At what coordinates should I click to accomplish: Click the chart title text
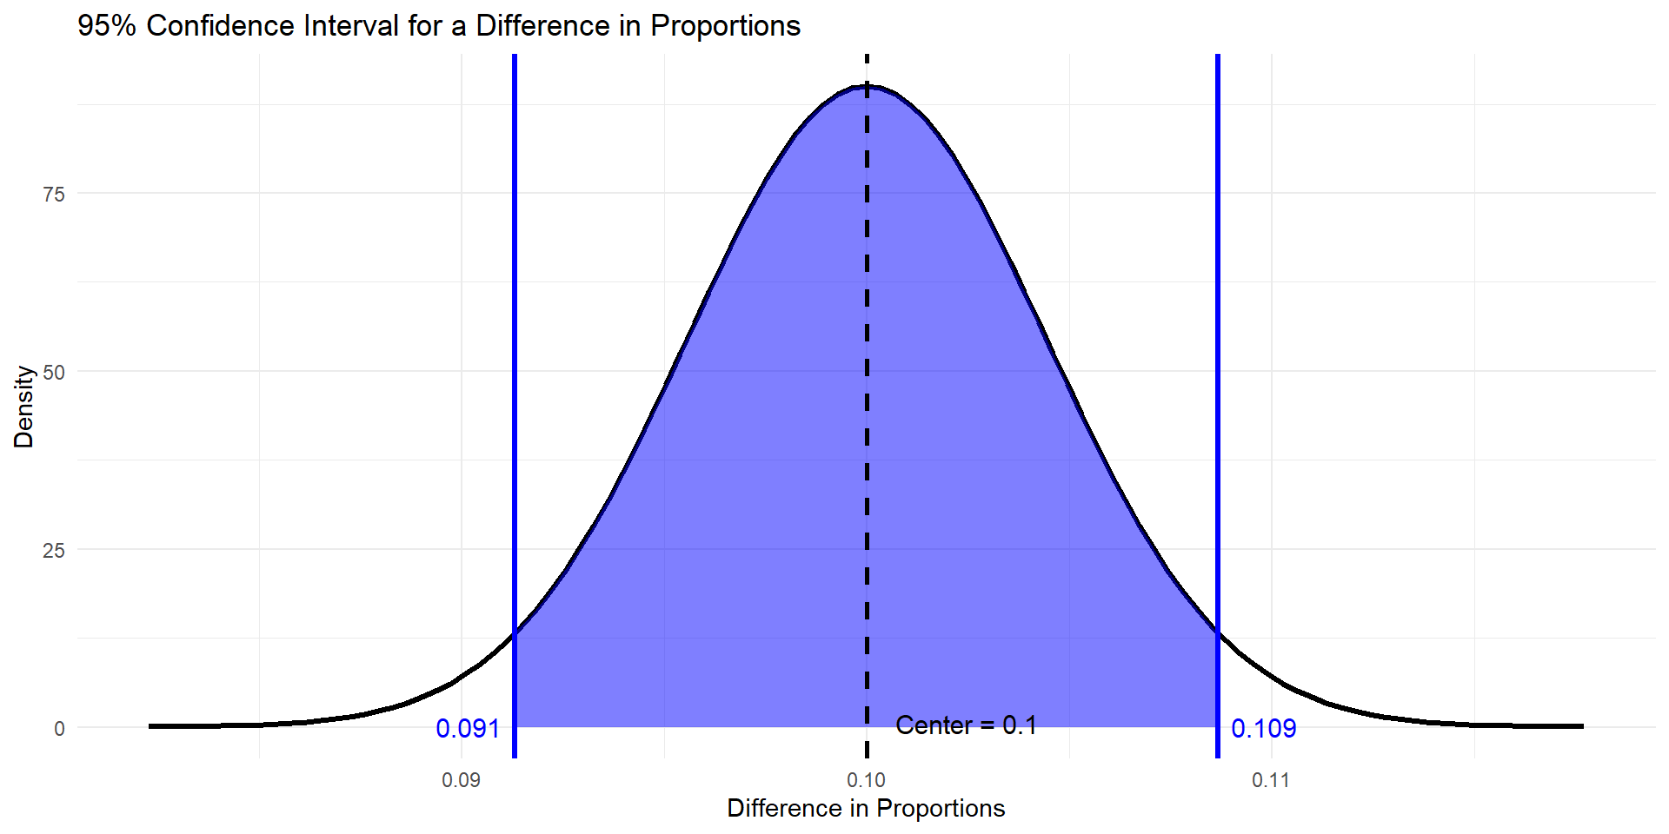pyautogui.click(x=438, y=26)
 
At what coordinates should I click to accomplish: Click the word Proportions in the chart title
pyautogui.click(x=725, y=26)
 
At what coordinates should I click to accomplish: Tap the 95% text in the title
pyautogui.click(x=107, y=26)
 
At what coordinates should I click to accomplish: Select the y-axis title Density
pyautogui.click(x=23, y=407)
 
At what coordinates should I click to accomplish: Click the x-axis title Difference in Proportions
pyautogui.click(x=866, y=809)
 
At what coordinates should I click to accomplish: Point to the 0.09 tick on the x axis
pyautogui.click(x=461, y=780)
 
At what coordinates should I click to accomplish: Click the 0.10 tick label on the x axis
pyautogui.click(x=866, y=780)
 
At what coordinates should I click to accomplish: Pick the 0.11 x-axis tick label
pyautogui.click(x=1271, y=780)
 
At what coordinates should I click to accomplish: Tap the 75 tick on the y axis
pyautogui.click(x=54, y=195)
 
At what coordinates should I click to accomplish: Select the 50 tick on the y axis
pyautogui.click(x=54, y=373)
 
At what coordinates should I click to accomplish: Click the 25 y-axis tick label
pyautogui.click(x=54, y=551)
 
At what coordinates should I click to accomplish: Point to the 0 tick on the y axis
pyautogui.click(x=59, y=729)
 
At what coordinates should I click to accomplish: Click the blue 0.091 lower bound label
pyautogui.click(x=468, y=729)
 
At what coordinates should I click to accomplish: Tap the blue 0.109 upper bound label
pyautogui.click(x=1263, y=729)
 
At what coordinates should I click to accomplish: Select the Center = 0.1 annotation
pyautogui.click(x=966, y=725)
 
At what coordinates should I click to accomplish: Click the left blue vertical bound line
pyautogui.click(x=515, y=347)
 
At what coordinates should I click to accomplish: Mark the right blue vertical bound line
pyautogui.click(x=1217, y=347)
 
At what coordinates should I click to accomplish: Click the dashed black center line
pyautogui.click(x=867, y=434)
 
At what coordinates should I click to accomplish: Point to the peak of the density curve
pyautogui.click(x=867, y=86)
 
